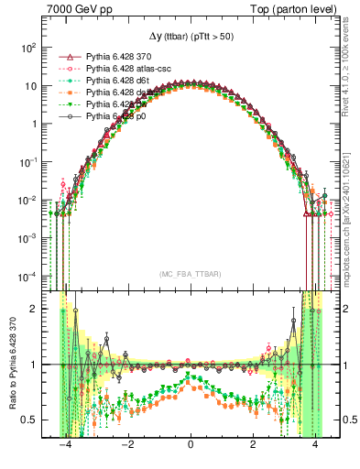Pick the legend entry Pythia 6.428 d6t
(110, 81)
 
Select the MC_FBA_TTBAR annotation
(189, 275)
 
